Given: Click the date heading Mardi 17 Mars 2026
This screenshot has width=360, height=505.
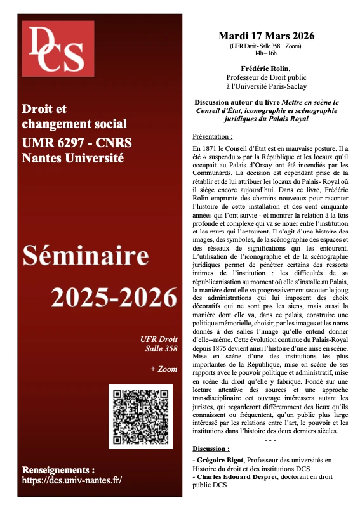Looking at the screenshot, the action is pos(266,35).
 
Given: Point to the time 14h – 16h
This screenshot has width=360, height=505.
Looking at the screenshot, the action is pos(266,53).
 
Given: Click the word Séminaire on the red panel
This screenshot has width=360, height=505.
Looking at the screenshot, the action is pos(99,258).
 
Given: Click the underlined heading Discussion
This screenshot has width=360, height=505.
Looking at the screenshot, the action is pos(211,448).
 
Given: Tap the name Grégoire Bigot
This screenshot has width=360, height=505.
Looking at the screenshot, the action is pos(220,459).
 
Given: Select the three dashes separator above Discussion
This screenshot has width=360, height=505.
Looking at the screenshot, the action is pos(270,440).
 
